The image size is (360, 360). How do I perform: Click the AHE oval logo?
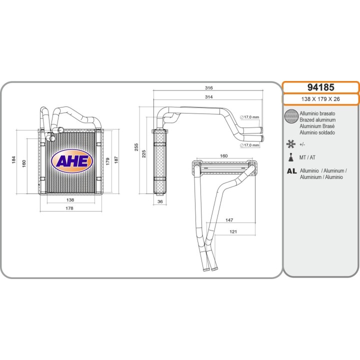pos(72,160)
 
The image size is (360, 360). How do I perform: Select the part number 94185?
pos(320,87)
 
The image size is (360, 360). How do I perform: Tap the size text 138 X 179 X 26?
pos(320,99)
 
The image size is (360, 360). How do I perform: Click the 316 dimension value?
pos(208,87)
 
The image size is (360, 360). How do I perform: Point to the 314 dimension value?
pos(208,97)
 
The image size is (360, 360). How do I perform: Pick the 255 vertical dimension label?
pos(136,147)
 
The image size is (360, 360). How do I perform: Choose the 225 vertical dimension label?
pos(143,154)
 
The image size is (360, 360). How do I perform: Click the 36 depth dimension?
pos(160,201)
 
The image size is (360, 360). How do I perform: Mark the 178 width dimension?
pos(69,208)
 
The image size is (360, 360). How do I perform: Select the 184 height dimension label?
pos(14,160)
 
